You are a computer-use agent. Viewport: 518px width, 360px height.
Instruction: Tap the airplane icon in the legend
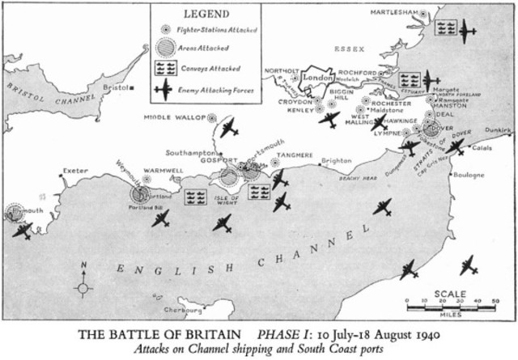pyautogui.click(x=164, y=89)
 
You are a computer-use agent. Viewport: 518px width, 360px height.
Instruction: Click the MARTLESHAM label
pyautogui.click(x=394, y=13)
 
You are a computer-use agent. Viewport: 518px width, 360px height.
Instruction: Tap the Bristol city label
pyautogui.click(x=117, y=87)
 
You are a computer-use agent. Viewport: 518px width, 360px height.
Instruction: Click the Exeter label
pyautogui.click(x=77, y=172)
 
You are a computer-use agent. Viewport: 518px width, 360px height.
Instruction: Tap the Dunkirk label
pyautogui.click(x=496, y=129)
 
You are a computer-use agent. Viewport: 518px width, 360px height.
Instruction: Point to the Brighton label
pyautogui.click(x=337, y=161)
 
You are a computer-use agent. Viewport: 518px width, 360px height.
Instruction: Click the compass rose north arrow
pyautogui.click(x=83, y=280)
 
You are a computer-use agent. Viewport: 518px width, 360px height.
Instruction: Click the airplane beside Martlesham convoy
pyautogui.click(x=468, y=32)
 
